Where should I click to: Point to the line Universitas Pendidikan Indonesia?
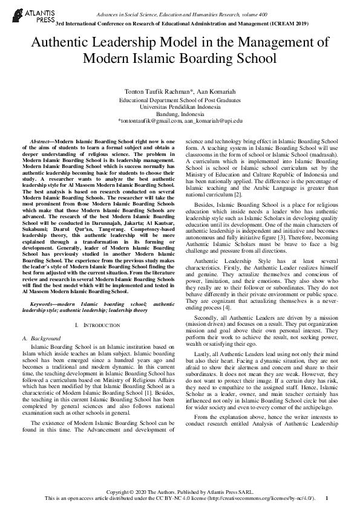180,106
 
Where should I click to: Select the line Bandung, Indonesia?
180,113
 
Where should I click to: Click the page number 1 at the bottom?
327,498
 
